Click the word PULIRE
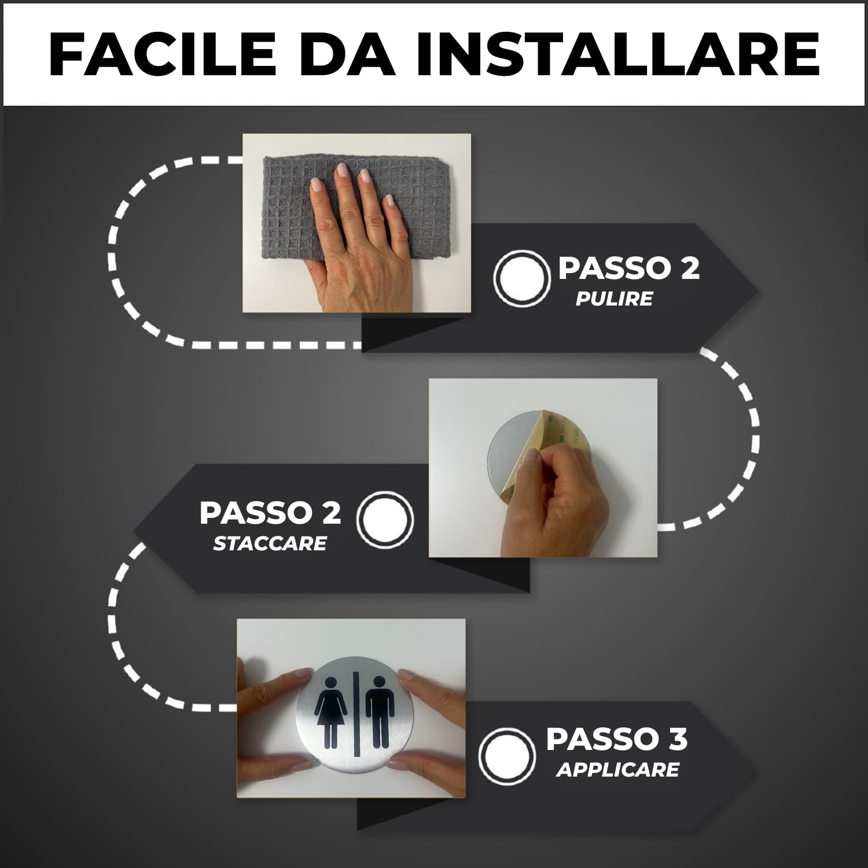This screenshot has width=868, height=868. coord(614,299)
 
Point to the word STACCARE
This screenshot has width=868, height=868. coord(270,543)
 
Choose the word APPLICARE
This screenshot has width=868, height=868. coord(617,770)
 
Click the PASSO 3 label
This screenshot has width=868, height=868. coord(616,739)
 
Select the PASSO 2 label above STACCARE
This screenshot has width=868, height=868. coord(270,513)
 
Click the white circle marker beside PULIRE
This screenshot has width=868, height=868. coord(521,278)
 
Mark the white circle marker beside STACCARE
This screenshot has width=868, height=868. coord(385,518)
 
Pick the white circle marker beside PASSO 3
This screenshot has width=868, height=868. coord(506,755)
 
